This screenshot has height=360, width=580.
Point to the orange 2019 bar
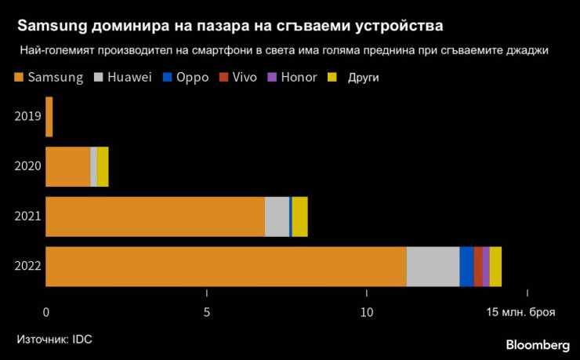pos(49,117)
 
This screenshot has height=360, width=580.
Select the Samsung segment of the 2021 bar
pos(155,216)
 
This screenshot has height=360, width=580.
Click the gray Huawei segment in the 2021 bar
pos(277,216)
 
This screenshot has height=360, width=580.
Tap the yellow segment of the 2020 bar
pos(103,166)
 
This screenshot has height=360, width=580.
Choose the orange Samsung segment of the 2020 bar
pos(68,166)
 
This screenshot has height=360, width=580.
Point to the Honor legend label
pos(299,78)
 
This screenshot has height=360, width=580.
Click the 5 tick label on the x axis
pos(206,312)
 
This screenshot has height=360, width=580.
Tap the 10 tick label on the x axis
pos(366,312)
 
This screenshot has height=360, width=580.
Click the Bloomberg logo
pos(538,345)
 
